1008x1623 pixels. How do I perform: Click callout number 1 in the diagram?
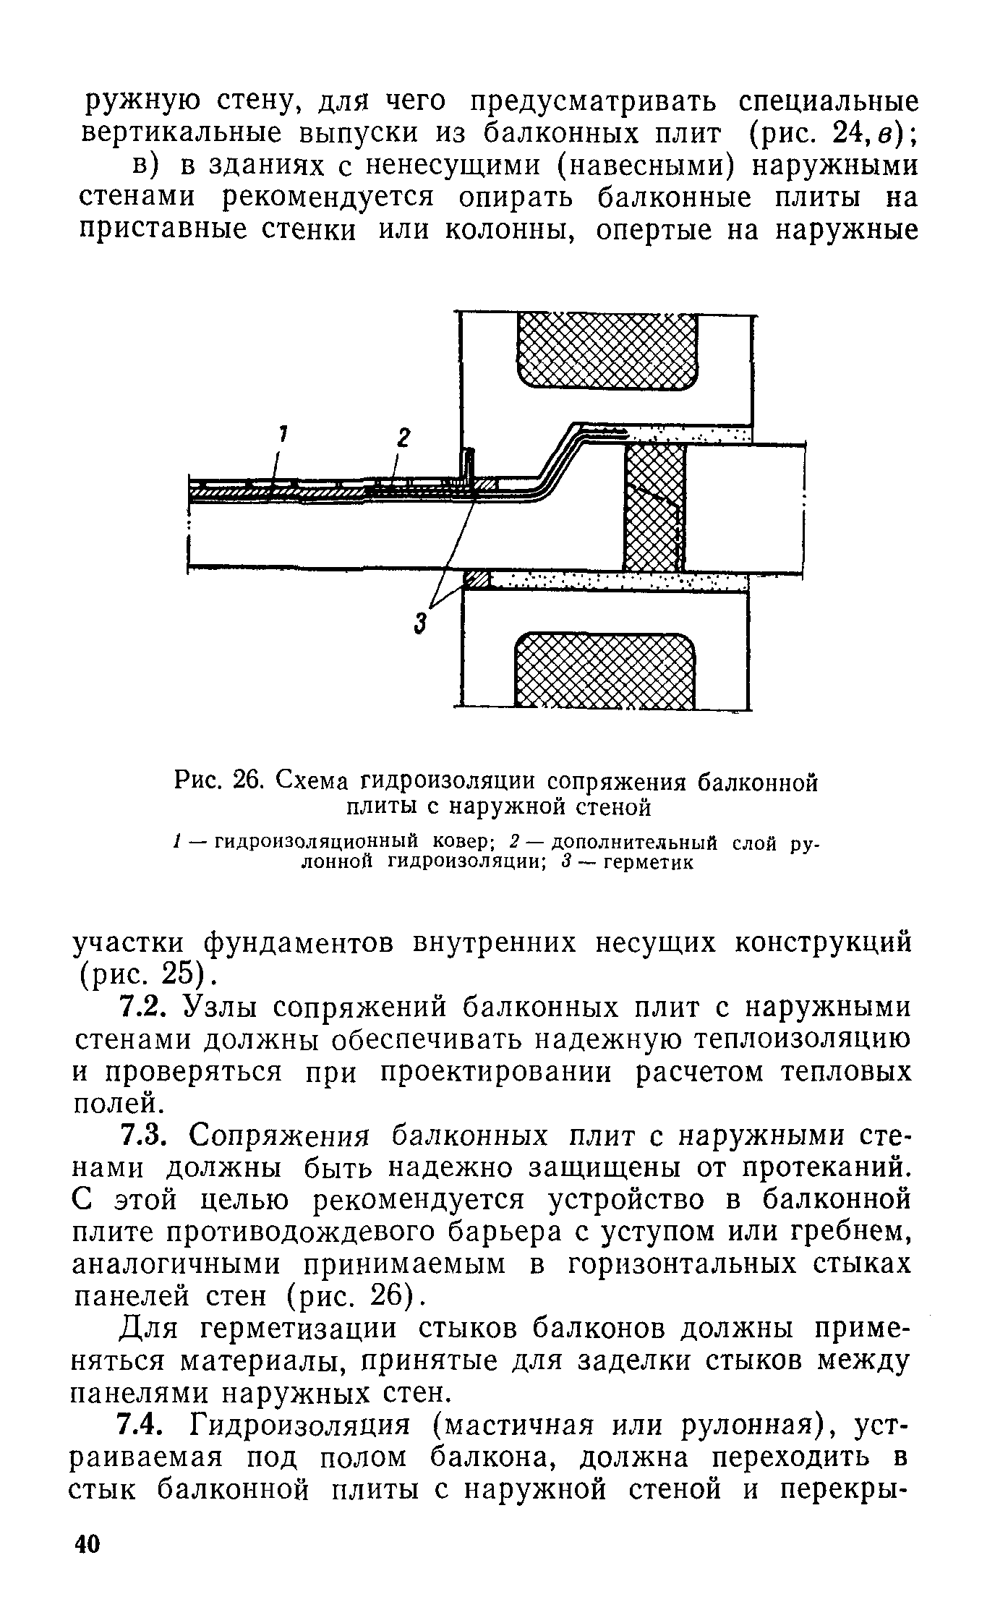[x=283, y=434]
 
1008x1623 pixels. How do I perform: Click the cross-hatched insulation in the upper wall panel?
[x=608, y=351]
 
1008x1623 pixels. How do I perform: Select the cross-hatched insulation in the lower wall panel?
[x=603, y=670]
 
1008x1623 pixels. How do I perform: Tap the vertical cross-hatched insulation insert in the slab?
[x=654, y=507]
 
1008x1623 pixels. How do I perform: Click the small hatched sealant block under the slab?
[x=477, y=579]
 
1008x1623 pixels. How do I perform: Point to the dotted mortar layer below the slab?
[x=615, y=580]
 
